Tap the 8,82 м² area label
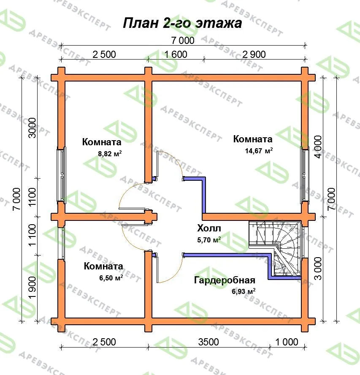[x=110, y=154]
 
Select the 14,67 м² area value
[x=259, y=151]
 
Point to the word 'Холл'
[x=209, y=228]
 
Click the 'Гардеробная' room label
[x=225, y=280]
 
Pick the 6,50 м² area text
[x=111, y=278]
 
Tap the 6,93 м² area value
[x=244, y=291]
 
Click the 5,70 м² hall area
[x=209, y=239]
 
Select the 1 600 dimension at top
[x=176, y=54]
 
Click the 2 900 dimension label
[x=254, y=54]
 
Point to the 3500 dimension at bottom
[x=208, y=342]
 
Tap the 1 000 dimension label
[x=287, y=342]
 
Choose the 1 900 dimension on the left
[x=32, y=287]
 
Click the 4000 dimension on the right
[x=318, y=147]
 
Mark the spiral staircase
[x=275, y=248]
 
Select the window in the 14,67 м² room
[x=304, y=175]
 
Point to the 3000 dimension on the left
[x=32, y=128]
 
